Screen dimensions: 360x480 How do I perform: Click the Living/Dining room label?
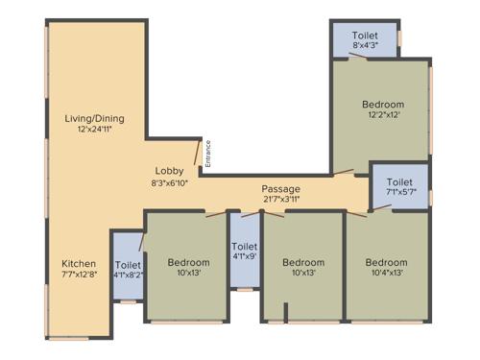click(94, 118)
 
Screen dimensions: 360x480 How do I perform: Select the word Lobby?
click(171, 169)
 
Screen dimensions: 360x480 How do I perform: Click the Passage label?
click(280, 188)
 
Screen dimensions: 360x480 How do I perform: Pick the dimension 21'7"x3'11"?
click(280, 200)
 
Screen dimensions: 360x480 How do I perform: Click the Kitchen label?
click(79, 263)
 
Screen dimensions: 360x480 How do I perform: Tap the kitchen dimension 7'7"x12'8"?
click(79, 275)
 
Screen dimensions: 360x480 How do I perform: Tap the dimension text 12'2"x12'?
click(382, 115)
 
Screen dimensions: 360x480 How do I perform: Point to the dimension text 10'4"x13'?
click(386, 274)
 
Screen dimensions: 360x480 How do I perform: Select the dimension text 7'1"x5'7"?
click(399, 193)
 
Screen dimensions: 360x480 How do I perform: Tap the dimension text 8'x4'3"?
click(364, 45)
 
